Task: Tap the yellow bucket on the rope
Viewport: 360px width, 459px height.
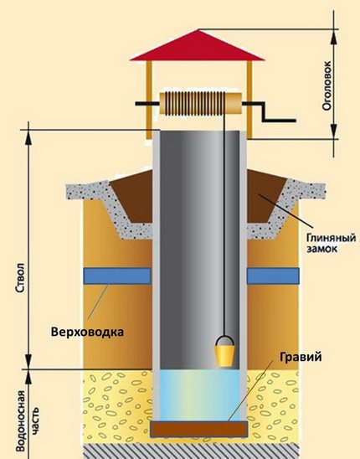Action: click(224, 355)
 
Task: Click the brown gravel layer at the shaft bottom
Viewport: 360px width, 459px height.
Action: click(199, 430)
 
